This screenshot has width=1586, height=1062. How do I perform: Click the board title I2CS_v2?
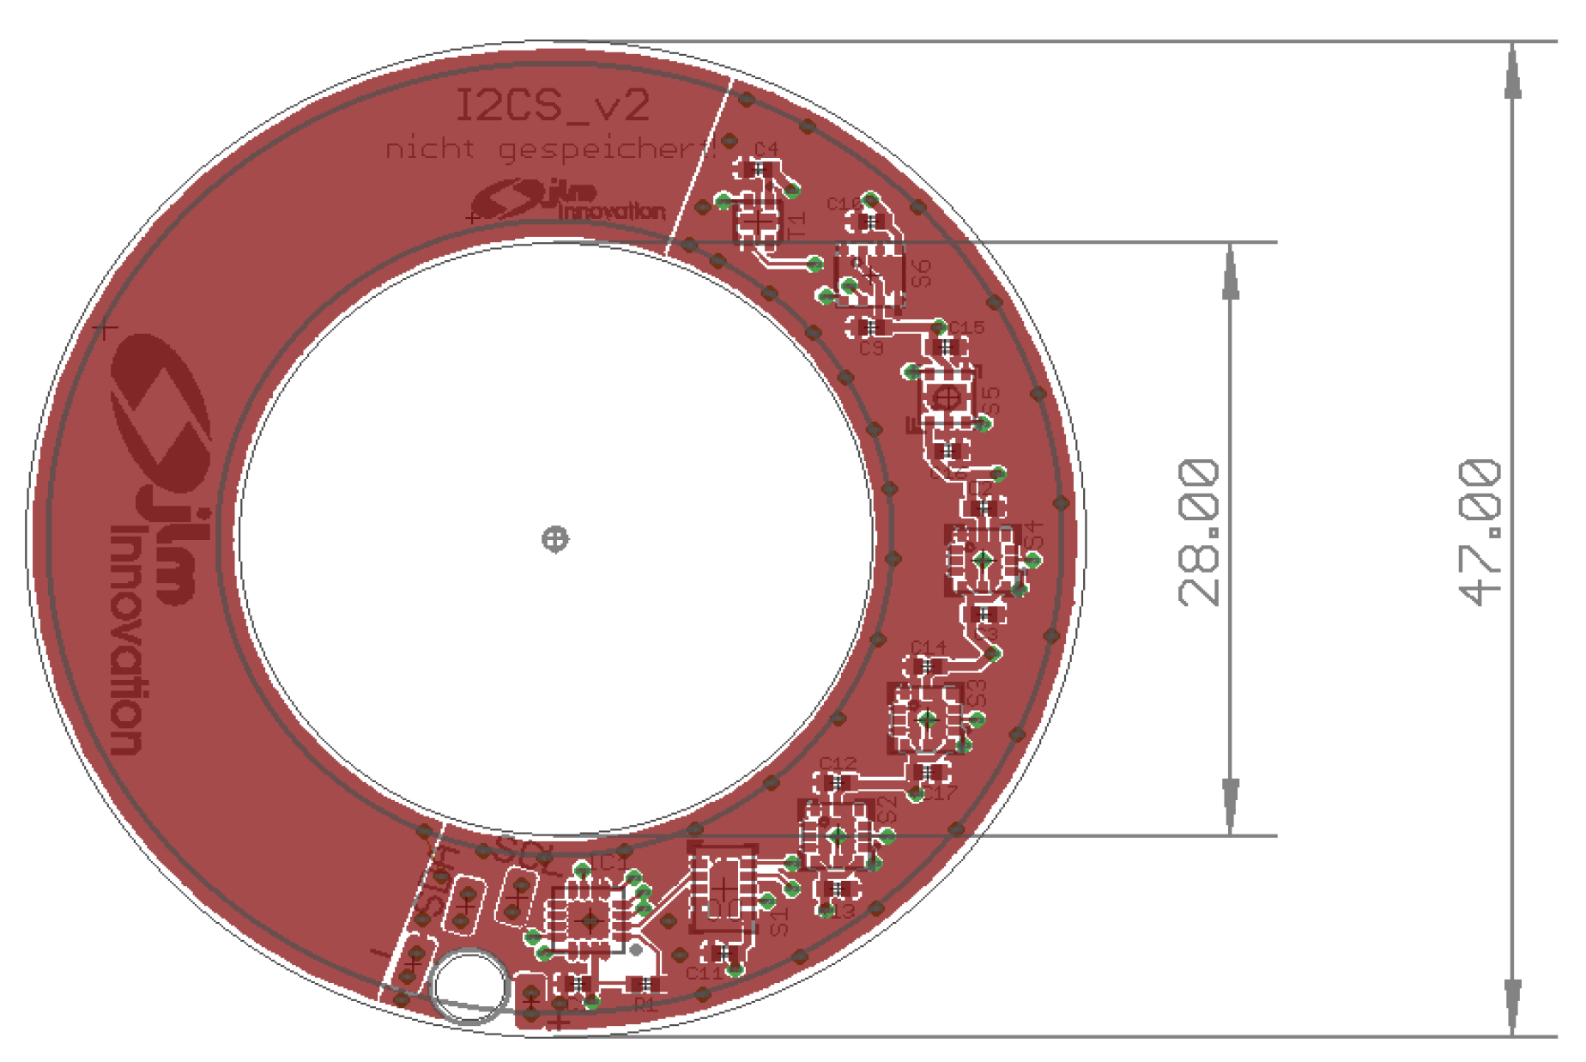click(551, 106)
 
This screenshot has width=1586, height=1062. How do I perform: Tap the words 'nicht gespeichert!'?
click(549, 149)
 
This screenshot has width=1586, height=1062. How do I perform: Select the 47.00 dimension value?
click(1480, 532)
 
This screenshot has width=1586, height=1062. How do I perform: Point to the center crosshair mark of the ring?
click(555, 539)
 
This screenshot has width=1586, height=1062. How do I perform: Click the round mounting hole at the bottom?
click(469, 986)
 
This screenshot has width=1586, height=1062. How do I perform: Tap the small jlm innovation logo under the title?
click(568, 201)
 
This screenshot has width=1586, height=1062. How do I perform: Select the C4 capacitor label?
click(766, 149)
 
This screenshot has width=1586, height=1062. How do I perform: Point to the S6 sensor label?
click(920, 273)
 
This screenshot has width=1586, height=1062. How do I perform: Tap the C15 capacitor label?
click(966, 327)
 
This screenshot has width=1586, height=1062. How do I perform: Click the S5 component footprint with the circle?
click(947, 398)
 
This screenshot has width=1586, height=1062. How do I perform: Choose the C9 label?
click(871, 348)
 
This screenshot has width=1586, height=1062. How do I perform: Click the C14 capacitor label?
click(928, 646)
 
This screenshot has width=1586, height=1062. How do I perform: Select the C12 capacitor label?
click(838, 762)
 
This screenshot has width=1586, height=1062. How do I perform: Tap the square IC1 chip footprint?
click(589, 920)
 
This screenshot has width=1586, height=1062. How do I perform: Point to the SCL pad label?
click(525, 852)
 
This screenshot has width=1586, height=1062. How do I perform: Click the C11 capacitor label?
click(705, 974)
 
